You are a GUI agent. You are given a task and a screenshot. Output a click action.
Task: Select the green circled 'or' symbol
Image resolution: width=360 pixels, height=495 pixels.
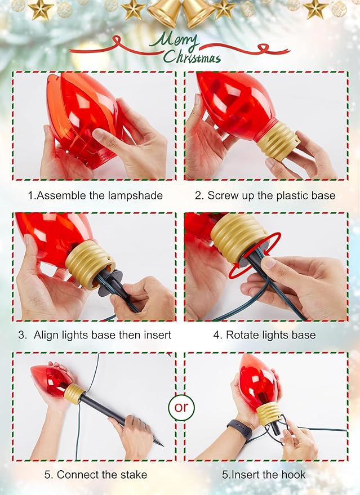coord(181,407)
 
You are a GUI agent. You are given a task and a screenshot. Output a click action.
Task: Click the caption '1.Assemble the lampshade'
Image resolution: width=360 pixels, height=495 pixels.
coord(95,195)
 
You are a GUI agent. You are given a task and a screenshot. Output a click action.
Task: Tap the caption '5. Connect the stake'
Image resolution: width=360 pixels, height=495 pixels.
coord(95,475)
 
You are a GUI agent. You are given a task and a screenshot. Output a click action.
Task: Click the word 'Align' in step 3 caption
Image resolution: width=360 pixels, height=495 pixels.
coord(46,335)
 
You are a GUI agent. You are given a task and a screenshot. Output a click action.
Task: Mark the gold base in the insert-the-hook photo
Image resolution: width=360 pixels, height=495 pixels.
coord(269,413)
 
